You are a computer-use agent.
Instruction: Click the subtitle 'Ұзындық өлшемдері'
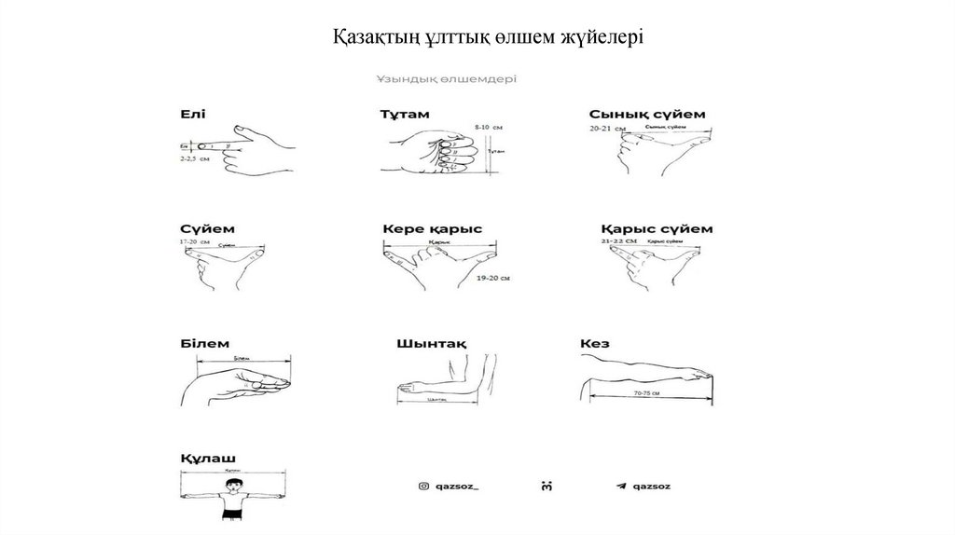pyautogui.click(x=447, y=79)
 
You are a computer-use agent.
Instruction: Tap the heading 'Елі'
pyautogui.click(x=193, y=114)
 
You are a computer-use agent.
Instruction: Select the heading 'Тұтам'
pyautogui.click(x=404, y=115)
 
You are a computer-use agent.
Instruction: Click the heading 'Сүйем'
pyautogui.click(x=206, y=228)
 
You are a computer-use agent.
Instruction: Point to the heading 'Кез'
pyautogui.click(x=594, y=344)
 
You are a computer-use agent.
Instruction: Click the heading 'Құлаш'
pyautogui.click(x=208, y=458)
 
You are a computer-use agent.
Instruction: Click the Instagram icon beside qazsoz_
pyautogui.click(x=423, y=486)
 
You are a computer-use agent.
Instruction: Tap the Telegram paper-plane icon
pyautogui.click(x=620, y=486)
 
